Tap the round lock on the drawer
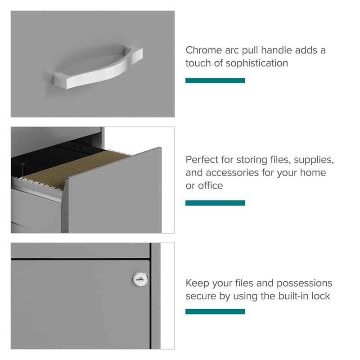pyautogui.click(x=140, y=279)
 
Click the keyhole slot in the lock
pyautogui.click(x=140, y=279)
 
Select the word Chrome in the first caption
pyautogui.click(x=204, y=50)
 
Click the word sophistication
pyautogui.click(x=256, y=63)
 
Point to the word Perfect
pyautogui.click(x=202, y=160)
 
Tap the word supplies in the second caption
pyautogui.click(x=314, y=160)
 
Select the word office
pyautogui.click(x=210, y=185)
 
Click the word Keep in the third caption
pyautogui.click(x=197, y=283)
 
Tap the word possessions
pyautogui.click(x=304, y=283)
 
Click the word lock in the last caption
pyautogui.click(x=321, y=296)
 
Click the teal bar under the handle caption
pyautogui.click(x=215, y=81)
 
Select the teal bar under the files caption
pyautogui.click(x=215, y=203)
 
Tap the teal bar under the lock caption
pyautogui.click(x=215, y=311)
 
